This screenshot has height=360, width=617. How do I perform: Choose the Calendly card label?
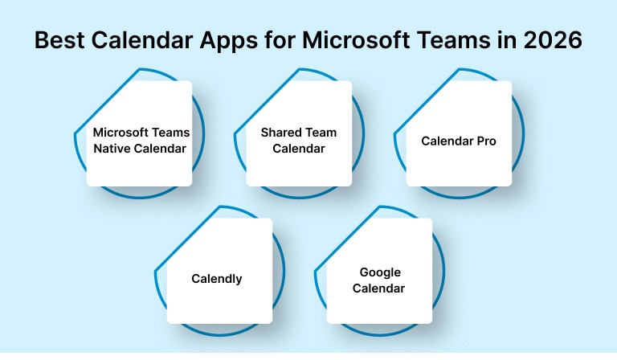click(x=217, y=280)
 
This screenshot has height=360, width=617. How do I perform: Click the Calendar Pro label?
click(x=459, y=141)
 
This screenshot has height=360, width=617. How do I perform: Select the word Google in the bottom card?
click(x=380, y=272)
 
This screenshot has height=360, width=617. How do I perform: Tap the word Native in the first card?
click(x=112, y=148)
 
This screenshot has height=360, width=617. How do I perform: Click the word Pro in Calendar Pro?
click(x=485, y=141)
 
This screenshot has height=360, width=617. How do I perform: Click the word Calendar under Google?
click(x=379, y=288)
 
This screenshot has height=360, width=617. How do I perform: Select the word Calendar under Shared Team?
click(x=299, y=148)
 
